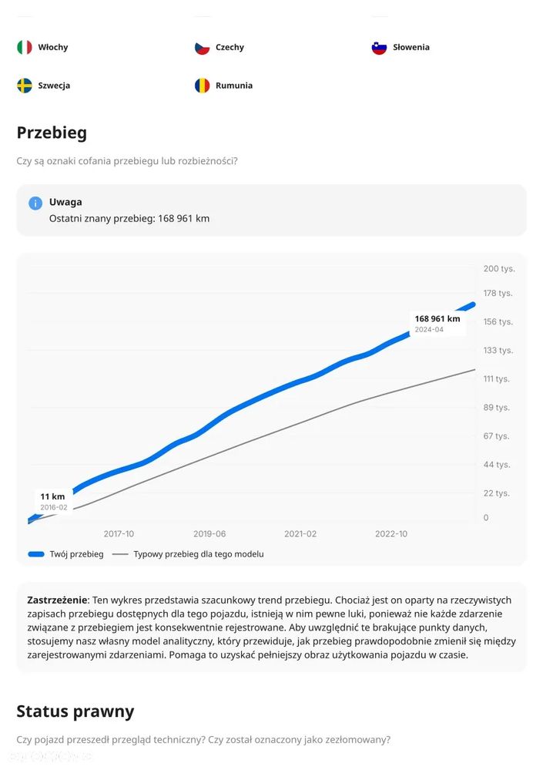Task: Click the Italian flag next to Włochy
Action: pyautogui.click(x=25, y=47)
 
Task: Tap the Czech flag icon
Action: pyautogui.click(x=202, y=47)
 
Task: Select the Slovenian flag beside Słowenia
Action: pyautogui.click(x=379, y=47)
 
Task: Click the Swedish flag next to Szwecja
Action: pyautogui.click(x=25, y=86)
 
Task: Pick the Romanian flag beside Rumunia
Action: pyautogui.click(x=202, y=86)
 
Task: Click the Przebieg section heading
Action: pyautogui.click(x=52, y=133)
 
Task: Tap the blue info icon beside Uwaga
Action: pyautogui.click(x=35, y=203)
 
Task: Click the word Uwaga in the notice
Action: pyautogui.click(x=65, y=202)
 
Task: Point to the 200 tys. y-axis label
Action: pyautogui.click(x=498, y=268)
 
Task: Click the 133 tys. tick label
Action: pyautogui.click(x=498, y=350)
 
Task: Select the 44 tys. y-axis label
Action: pyautogui.click(x=497, y=464)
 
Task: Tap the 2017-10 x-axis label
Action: pyautogui.click(x=119, y=533)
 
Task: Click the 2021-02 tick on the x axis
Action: pyautogui.click(x=300, y=533)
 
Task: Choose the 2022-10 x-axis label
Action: pyautogui.click(x=390, y=533)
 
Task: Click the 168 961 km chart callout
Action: pyautogui.click(x=437, y=323)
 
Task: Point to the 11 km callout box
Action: pyautogui.click(x=53, y=501)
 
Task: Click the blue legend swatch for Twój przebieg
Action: pyautogui.click(x=35, y=554)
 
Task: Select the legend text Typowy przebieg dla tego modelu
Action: pyautogui.click(x=198, y=554)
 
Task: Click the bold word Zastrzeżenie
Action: pyautogui.click(x=58, y=600)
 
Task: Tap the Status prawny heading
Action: pyautogui.click(x=75, y=711)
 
